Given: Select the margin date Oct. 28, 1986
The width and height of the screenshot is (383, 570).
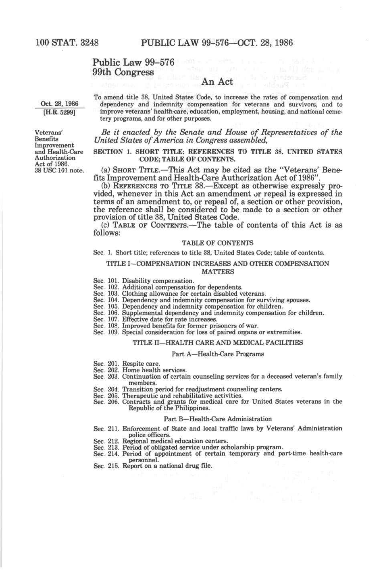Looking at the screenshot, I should (x=60, y=104).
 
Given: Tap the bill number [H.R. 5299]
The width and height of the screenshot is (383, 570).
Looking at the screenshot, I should (x=60, y=112).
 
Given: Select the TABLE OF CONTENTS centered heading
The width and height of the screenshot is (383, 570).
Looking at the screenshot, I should (x=218, y=243).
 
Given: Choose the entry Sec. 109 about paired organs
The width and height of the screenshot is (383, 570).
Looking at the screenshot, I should (x=198, y=332).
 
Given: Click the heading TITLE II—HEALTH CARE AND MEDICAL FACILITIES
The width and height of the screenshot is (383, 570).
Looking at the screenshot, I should (x=218, y=343).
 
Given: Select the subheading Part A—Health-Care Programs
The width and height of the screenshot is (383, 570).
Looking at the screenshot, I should (x=218, y=354).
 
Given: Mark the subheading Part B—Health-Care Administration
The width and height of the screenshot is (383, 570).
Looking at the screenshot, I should (x=218, y=419).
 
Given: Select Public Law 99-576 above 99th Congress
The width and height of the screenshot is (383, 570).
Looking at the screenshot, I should (x=133, y=62).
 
